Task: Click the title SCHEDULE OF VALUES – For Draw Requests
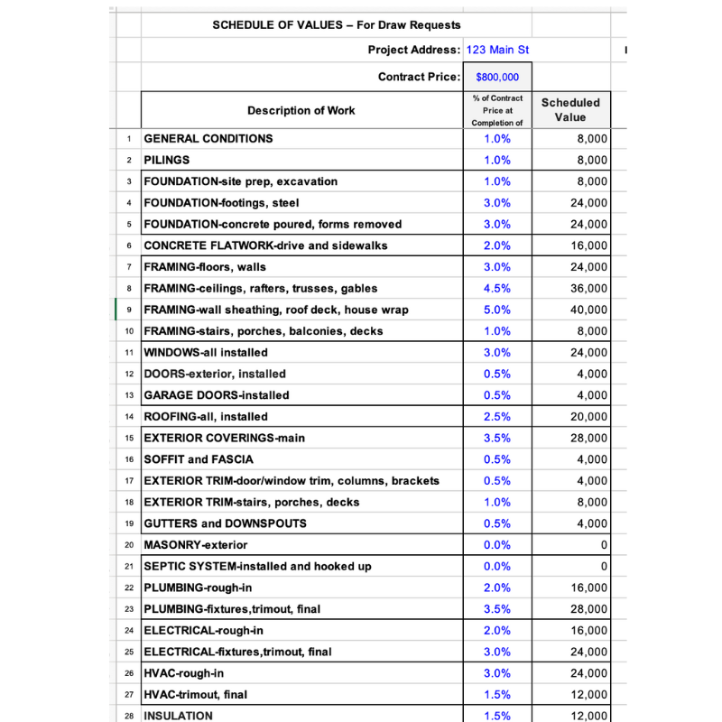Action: click(x=337, y=25)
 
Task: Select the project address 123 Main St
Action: click(x=496, y=50)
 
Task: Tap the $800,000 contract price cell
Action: click(x=497, y=78)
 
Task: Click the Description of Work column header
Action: click(x=301, y=111)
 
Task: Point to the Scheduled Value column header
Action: click(x=570, y=110)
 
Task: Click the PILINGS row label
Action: click(x=167, y=160)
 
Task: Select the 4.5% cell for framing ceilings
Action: click(x=497, y=289)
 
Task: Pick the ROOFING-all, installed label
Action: click(x=206, y=417)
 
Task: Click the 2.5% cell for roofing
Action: click(x=497, y=417)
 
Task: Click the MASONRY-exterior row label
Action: click(x=196, y=545)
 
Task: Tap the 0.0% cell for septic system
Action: click(x=497, y=567)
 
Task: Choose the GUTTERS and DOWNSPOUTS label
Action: click(x=225, y=523)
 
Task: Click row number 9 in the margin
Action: click(x=130, y=310)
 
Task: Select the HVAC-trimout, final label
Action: click(x=196, y=695)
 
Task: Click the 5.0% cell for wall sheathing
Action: click(x=497, y=310)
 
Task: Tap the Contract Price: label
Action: click(x=419, y=78)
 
